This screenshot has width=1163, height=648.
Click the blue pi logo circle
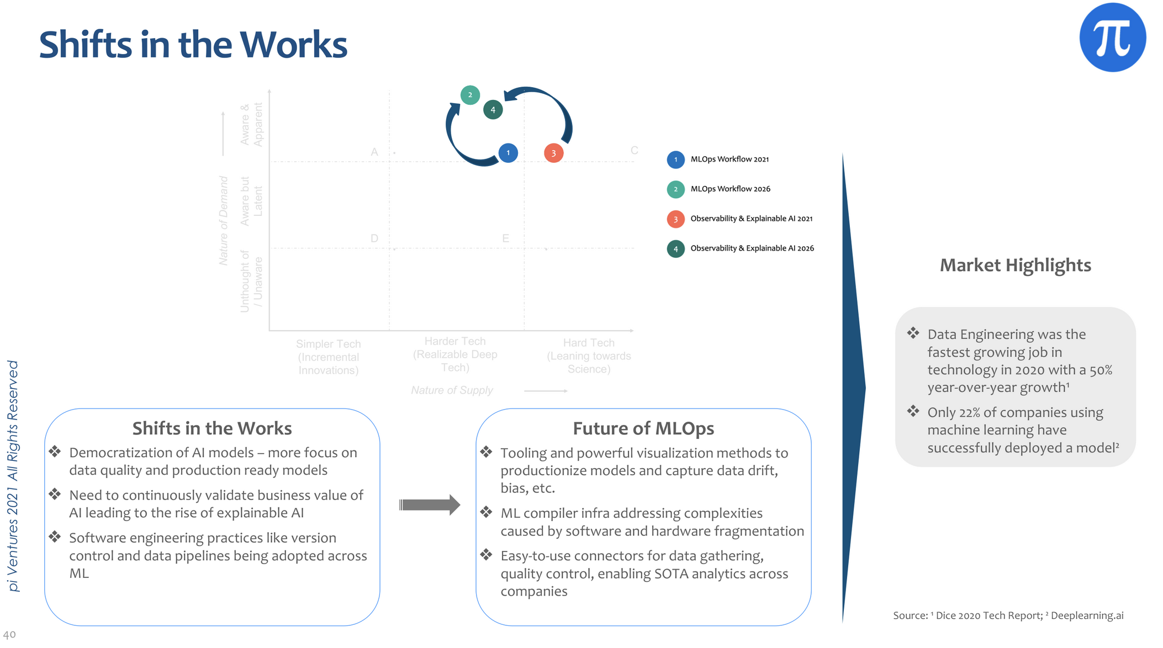pos(1112,38)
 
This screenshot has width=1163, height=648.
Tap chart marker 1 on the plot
pos(508,153)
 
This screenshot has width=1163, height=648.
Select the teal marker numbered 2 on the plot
pos(470,95)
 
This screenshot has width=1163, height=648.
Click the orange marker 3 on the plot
pos(553,153)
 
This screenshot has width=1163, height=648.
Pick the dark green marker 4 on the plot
pos(493,110)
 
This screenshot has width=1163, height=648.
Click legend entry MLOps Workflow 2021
pos(729,160)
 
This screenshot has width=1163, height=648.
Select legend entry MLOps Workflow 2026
pos(730,189)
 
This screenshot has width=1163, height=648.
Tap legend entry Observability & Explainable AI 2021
pos(751,219)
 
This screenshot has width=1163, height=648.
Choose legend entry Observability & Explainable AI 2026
pos(752,248)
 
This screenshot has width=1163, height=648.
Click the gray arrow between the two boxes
pos(430,504)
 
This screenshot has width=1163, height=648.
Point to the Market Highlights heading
pos(1015,265)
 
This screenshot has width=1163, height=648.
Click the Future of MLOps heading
pos(643,428)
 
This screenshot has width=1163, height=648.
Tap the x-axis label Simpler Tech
pos(328,344)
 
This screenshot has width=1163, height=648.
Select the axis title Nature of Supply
pos(452,390)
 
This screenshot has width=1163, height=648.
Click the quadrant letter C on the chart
pos(634,151)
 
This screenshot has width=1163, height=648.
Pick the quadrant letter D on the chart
pos(374,238)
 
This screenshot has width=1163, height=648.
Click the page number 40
pos(9,635)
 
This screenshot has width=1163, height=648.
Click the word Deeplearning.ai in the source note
pos(1087,615)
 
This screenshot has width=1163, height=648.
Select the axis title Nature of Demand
pos(224,221)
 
